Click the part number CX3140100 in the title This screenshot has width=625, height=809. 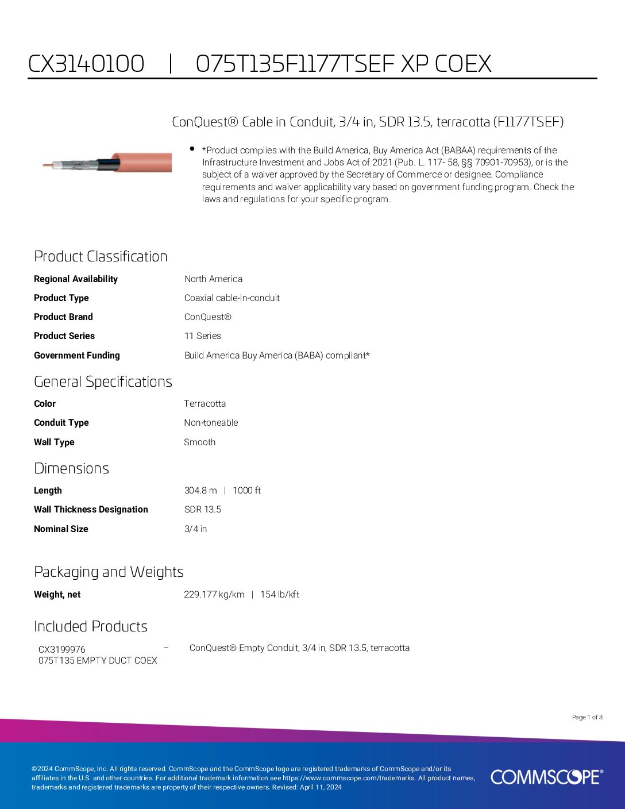point(86,64)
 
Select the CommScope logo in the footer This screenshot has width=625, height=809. point(546,777)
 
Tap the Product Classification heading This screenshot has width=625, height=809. point(101,256)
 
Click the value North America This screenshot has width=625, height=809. point(213,279)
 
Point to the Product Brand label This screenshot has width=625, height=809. point(63,317)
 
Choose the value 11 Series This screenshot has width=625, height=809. point(202,336)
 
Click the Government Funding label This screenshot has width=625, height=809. point(76,355)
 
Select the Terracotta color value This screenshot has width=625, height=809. point(205,403)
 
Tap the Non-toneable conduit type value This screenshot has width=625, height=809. point(211,422)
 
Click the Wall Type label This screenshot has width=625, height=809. point(54,442)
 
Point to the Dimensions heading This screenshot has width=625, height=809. point(71,468)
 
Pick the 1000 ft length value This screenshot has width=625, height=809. point(246,490)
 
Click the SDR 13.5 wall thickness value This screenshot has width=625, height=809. point(202,509)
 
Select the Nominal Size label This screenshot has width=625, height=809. point(61,529)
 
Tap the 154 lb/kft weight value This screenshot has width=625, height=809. point(280,594)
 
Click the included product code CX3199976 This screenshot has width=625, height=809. point(61,649)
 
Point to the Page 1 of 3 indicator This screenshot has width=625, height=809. point(587,717)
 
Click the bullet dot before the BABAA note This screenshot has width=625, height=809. point(192,149)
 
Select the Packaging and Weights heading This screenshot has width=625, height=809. point(109,572)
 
